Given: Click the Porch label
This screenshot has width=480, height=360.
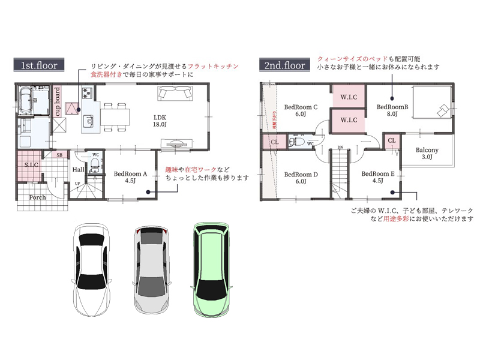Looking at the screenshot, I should coord(38,197).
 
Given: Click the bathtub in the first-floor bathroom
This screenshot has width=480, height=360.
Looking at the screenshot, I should coord(25,100).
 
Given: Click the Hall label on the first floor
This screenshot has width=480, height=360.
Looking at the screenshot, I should coord(78,170).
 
